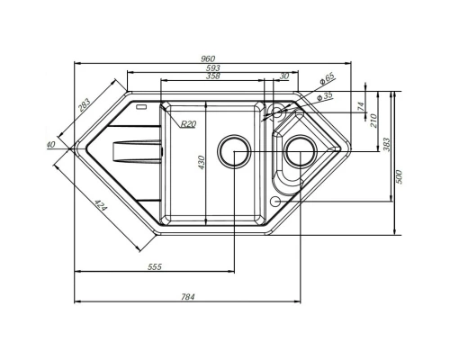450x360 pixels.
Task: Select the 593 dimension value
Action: [212, 68]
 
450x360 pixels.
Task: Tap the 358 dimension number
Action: [212, 77]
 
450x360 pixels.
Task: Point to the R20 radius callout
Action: [187, 124]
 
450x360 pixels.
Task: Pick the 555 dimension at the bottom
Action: [153, 267]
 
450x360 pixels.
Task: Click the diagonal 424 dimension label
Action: [101, 208]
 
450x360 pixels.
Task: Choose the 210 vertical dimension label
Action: [373, 119]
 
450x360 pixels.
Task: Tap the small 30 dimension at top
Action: [284, 77]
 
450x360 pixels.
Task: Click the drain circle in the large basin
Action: [235, 152]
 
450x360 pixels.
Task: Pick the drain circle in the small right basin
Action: [296, 153]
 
